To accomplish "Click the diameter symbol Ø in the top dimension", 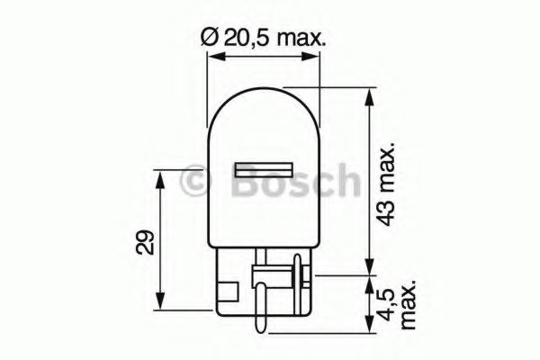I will coord(205,39).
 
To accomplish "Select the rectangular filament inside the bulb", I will coord(264,170).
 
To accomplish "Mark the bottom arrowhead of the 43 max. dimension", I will coord(368,265).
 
